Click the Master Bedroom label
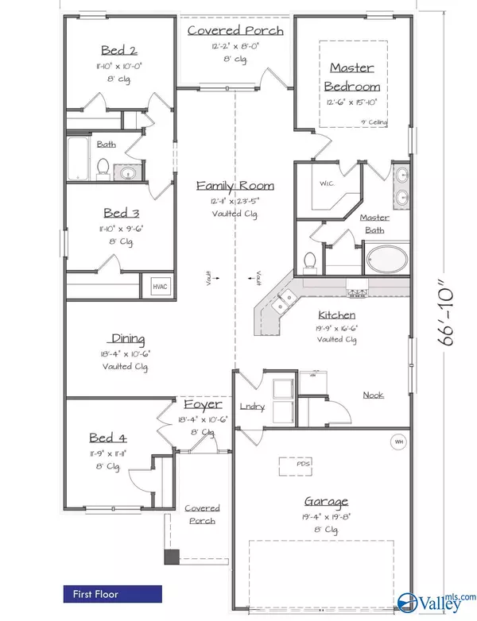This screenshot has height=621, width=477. pyautogui.click(x=355, y=77)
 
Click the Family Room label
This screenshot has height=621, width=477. pyautogui.click(x=235, y=186)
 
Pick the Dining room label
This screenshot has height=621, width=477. pyautogui.click(x=128, y=339)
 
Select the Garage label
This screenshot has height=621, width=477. pyautogui.click(x=327, y=501)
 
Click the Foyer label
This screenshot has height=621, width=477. pyautogui.click(x=203, y=404)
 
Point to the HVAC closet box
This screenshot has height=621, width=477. pyautogui.click(x=153, y=287)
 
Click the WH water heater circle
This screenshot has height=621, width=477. pyautogui.click(x=397, y=442)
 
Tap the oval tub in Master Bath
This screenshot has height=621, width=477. pyautogui.click(x=387, y=258)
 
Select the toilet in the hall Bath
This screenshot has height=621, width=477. pyautogui.click(x=102, y=168)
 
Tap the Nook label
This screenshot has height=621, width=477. pyautogui.click(x=373, y=395)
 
